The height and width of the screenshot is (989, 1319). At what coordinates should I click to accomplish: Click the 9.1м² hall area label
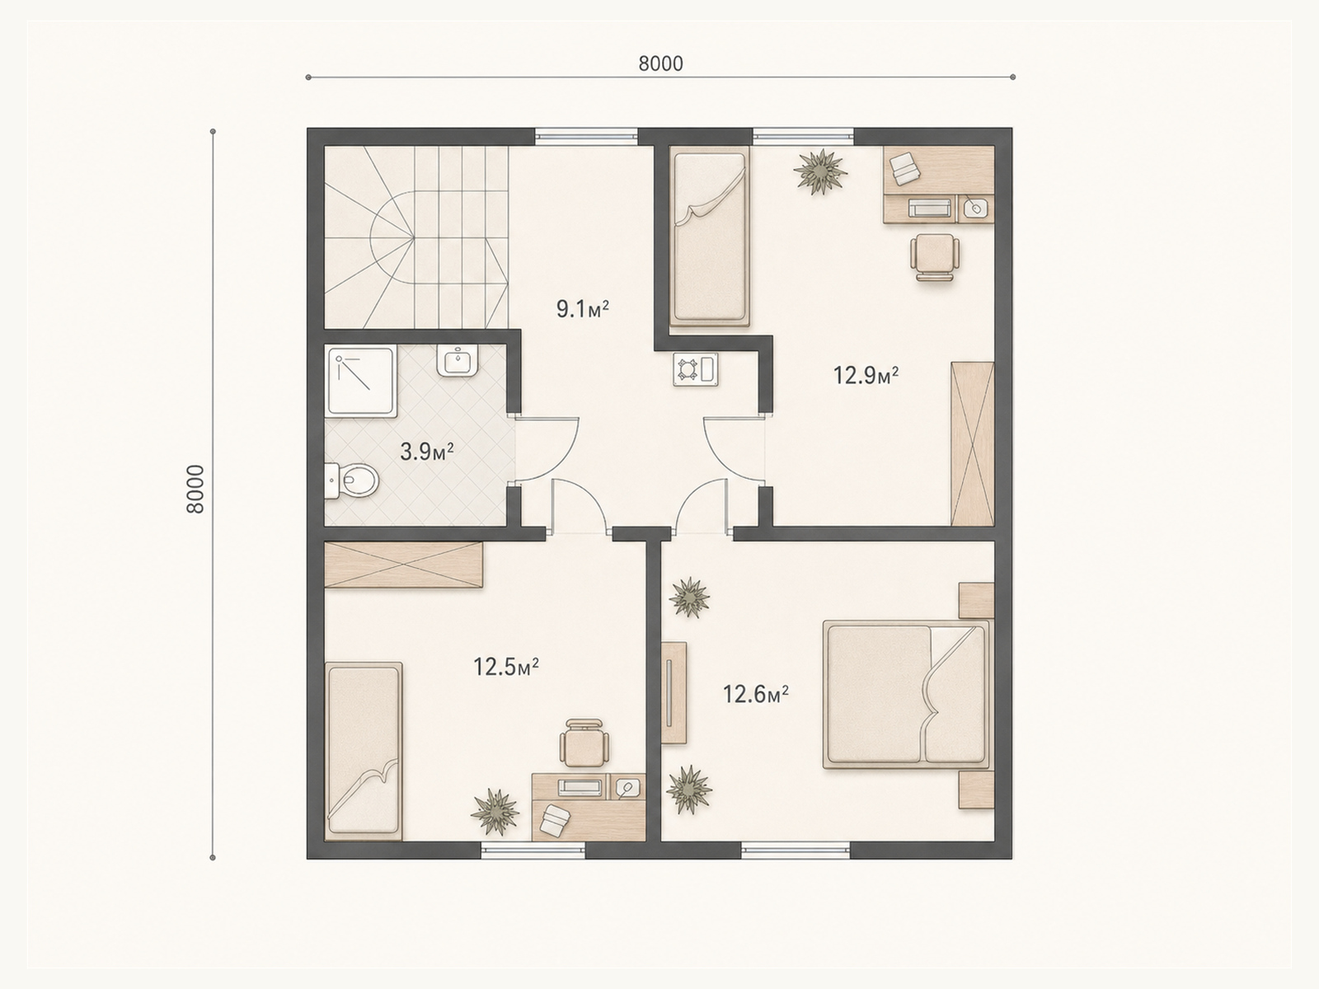click(583, 309)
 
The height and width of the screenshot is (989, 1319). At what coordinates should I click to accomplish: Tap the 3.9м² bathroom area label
click(427, 452)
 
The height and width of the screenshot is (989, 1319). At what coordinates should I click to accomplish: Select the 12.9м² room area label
click(866, 375)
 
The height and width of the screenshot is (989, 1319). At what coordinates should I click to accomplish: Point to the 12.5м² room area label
click(506, 667)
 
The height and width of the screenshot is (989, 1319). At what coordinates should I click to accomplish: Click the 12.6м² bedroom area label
click(755, 695)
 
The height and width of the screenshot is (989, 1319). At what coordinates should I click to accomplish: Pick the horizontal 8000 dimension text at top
click(660, 63)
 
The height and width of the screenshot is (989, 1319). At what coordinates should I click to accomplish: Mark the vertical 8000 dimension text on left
click(196, 489)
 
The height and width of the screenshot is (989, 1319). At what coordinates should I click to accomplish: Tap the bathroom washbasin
click(458, 361)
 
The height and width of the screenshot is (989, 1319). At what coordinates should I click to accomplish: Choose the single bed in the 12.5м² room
click(363, 751)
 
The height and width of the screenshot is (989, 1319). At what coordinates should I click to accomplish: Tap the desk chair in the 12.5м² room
click(582, 743)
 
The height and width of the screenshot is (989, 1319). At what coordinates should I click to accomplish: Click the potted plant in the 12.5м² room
click(495, 812)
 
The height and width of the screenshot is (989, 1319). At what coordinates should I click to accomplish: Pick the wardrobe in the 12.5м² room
click(404, 565)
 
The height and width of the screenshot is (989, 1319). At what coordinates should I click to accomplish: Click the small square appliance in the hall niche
click(696, 369)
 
